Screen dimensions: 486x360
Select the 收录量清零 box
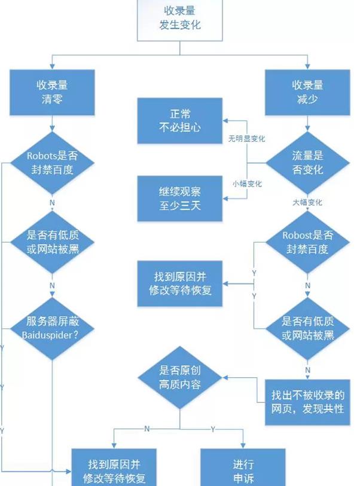[52, 92]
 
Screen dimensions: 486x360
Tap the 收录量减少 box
[308, 92]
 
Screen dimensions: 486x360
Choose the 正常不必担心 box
[180, 120]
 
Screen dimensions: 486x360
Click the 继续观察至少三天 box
[180, 198]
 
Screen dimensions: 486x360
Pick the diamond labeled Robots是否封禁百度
[52, 162]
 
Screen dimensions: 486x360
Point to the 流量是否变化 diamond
[308, 162]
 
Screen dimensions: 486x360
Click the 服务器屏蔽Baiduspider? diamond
[52, 328]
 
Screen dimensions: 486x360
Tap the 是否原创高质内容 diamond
[180, 378]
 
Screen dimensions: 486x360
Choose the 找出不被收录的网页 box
[308, 402]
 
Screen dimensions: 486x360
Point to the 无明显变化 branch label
[246, 139]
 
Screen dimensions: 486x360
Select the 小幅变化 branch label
[247, 183]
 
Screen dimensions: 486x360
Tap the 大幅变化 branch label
[307, 203]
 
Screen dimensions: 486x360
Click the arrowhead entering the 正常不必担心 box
[225, 120]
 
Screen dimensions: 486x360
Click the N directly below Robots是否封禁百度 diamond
[52, 203]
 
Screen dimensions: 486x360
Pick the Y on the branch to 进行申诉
[213, 429]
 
